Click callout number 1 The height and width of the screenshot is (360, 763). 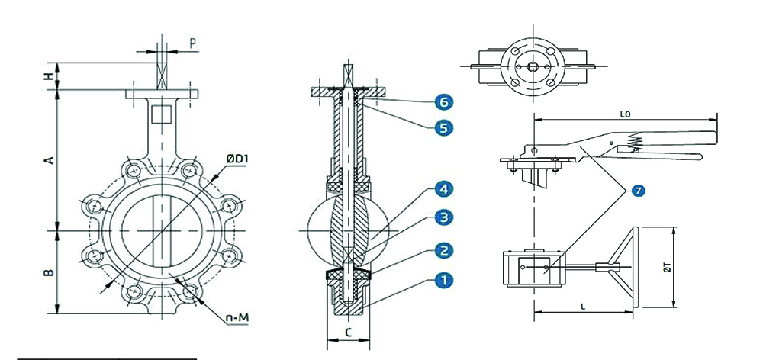coord(443,281)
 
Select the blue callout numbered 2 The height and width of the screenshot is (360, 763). coord(443,250)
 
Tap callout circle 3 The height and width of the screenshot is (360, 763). coord(443,217)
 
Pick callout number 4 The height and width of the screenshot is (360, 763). coord(443,188)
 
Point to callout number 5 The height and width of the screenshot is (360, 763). coord(443,128)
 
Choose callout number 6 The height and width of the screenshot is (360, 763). coord(443,101)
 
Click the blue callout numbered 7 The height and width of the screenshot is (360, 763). coord(638,191)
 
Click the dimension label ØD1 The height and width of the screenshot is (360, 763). coord(237,159)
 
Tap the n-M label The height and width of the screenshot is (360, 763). coord(237,318)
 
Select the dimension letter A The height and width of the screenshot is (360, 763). coord(50,159)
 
